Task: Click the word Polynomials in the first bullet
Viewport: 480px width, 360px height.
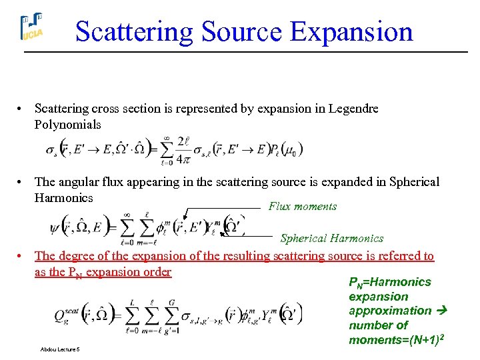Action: click(68, 125)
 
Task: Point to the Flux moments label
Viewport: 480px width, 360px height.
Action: click(303, 207)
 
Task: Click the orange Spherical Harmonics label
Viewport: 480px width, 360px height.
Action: click(332, 238)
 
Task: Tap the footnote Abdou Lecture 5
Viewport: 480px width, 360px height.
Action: click(60, 349)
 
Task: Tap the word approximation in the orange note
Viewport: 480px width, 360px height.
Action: click(390, 311)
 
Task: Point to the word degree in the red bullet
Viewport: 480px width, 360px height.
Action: click(74, 256)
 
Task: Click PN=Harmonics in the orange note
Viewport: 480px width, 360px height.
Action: click(390, 282)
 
